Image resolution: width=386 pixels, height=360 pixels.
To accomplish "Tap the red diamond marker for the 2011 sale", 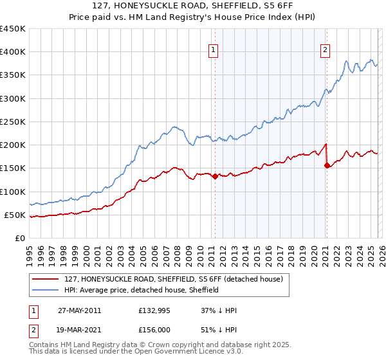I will coord(215,176).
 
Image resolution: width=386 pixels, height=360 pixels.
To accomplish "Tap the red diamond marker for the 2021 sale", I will coord(327,165).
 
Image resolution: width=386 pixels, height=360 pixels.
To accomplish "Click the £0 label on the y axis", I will coord(19,238).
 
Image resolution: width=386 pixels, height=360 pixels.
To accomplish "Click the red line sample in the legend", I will coord(46,280).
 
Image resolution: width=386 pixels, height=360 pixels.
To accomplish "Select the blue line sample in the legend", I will coord(46,291).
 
